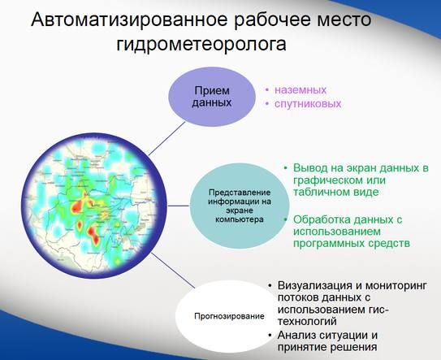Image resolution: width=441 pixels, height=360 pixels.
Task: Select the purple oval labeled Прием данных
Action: [x=212, y=98]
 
